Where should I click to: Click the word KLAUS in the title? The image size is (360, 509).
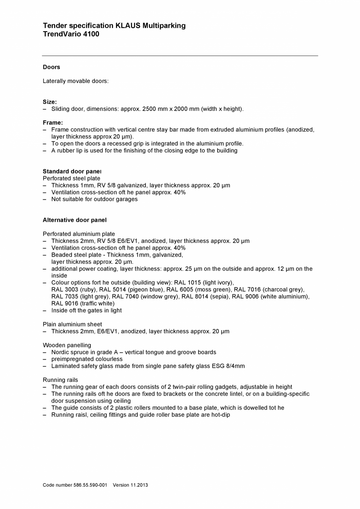(128, 26)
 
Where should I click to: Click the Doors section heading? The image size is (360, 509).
(51, 67)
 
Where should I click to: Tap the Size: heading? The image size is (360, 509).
(50, 102)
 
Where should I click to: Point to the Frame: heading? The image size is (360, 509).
(53, 123)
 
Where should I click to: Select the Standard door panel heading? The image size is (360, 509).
(72, 171)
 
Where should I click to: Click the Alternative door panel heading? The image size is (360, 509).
(75, 220)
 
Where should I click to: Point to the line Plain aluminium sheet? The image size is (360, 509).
(72, 324)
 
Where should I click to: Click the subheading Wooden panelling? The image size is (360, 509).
(67, 345)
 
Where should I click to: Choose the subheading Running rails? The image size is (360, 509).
(60, 380)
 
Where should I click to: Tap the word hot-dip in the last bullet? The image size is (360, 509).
(221, 415)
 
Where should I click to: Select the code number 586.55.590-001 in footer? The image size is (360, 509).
(90, 485)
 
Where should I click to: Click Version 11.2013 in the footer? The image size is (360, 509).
(130, 485)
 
